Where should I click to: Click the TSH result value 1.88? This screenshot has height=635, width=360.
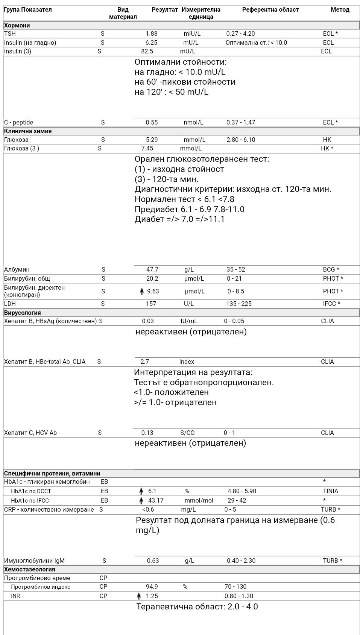152,33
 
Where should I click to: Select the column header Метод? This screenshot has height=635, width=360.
340,10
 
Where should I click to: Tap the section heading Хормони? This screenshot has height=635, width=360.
17,26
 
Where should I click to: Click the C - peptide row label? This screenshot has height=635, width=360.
18,122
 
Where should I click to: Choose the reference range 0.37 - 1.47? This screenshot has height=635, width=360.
241,122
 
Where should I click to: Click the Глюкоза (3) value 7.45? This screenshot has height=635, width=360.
147,148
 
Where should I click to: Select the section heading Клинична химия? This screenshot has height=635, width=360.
28,131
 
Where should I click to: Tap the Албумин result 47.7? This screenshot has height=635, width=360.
152,269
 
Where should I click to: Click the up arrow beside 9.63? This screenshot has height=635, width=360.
142,291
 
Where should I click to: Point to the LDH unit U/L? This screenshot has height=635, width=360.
188,304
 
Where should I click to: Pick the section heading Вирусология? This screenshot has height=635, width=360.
22,313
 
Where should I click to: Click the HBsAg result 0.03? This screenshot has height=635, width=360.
148,321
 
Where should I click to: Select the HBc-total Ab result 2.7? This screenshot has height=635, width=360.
145,362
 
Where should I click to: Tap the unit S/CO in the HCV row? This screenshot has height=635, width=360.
187,433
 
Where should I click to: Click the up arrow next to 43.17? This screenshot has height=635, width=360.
141,500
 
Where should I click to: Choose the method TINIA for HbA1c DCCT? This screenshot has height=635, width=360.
330,491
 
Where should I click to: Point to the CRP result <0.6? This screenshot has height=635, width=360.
148,509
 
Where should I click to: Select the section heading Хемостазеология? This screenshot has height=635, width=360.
29,569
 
